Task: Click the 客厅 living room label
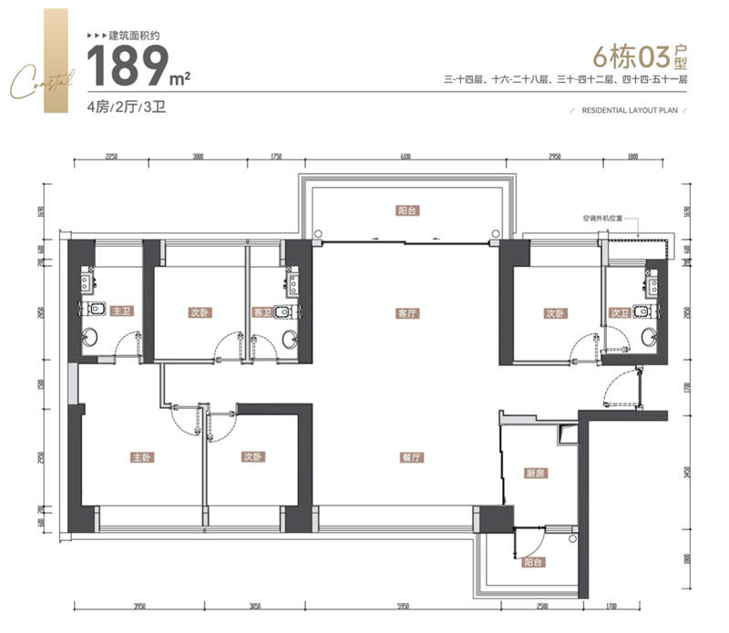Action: (x=406, y=312)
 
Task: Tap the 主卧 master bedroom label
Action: (x=139, y=457)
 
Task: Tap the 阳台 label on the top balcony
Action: (x=406, y=209)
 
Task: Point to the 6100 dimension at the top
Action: (x=404, y=157)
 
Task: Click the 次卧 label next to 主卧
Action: (x=252, y=457)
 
